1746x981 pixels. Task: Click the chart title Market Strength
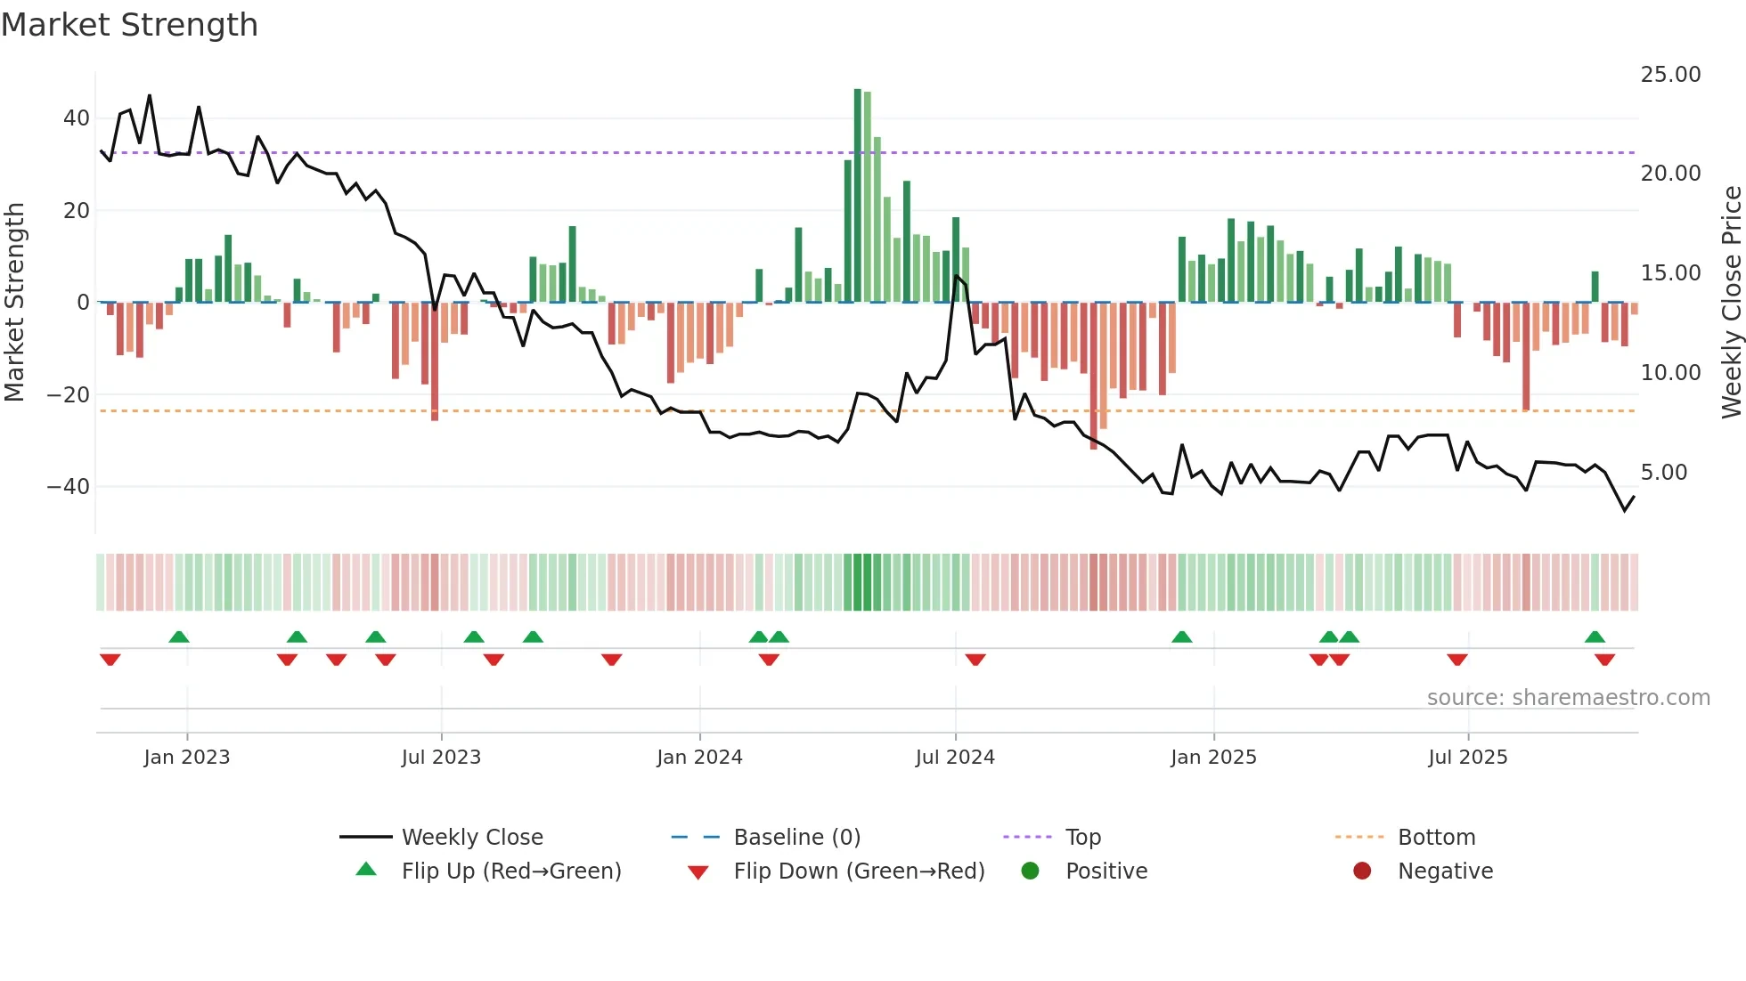click(x=129, y=25)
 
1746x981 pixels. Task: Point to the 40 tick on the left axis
click(x=77, y=118)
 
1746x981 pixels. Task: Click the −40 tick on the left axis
click(x=69, y=487)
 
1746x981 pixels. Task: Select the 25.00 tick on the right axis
click(x=1670, y=75)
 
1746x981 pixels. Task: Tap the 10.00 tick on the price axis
click(x=1670, y=373)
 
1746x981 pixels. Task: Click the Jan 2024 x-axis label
click(x=699, y=758)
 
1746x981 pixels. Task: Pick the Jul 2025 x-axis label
click(x=1467, y=758)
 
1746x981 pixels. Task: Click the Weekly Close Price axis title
click(x=1731, y=303)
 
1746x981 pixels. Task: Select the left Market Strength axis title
click(x=15, y=303)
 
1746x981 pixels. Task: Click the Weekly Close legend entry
click(x=472, y=838)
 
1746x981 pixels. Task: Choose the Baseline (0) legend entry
click(x=796, y=838)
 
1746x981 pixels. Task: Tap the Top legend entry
click(x=1083, y=838)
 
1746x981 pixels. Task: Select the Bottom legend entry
click(x=1436, y=838)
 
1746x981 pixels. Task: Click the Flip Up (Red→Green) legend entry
click(x=511, y=872)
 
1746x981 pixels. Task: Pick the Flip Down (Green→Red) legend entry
click(x=859, y=872)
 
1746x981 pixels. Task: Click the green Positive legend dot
click(x=1030, y=872)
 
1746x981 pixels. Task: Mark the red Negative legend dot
click(x=1362, y=872)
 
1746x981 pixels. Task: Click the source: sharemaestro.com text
click(x=1568, y=698)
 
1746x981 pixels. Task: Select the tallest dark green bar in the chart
click(x=858, y=196)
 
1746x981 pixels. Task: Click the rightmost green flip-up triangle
click(x=1595, y=637)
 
